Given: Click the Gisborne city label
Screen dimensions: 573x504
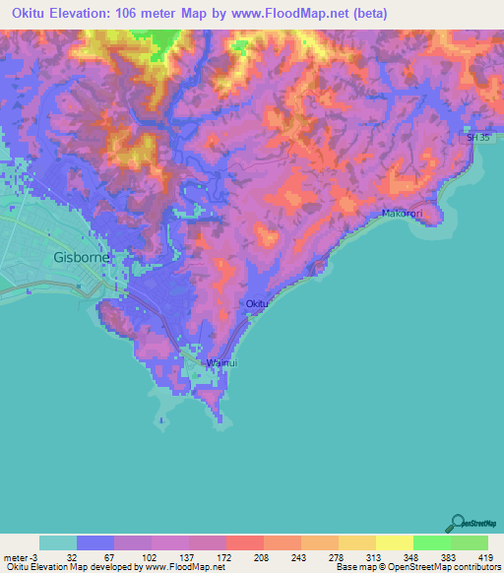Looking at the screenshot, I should (82, 258).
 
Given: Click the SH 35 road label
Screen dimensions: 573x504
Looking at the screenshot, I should (477, 139).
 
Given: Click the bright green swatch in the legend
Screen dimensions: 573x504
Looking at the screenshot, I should (431, 542).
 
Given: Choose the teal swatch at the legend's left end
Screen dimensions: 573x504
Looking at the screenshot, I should (58, 542).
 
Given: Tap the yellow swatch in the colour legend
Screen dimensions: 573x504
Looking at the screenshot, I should (394, 542).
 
